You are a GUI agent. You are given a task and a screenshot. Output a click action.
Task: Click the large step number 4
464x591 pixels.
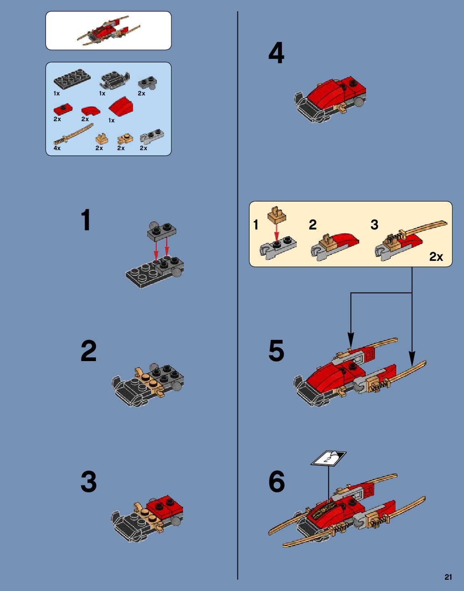(x=276, y=53)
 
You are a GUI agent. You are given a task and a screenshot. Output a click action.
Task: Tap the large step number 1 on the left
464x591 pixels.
(x=86, y=220)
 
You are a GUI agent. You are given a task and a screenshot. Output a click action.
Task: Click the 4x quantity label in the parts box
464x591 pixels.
(x=57, y=148)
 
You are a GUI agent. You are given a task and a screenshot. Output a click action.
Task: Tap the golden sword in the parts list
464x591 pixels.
(x=73, y=134)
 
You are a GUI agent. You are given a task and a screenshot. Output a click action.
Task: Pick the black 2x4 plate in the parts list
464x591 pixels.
(x=72, y=79)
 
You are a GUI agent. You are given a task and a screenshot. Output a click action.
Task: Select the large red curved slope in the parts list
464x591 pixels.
(x=121, y=106)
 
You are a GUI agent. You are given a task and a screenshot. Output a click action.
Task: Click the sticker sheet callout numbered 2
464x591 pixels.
(x=329, y=459)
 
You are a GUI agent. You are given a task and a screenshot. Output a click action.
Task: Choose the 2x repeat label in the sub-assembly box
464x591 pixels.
(x=436, y=256)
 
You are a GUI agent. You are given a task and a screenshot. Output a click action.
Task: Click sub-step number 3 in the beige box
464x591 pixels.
(x=375, y=225)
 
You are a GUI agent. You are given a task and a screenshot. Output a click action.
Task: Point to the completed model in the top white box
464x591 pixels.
(x=109, y=31)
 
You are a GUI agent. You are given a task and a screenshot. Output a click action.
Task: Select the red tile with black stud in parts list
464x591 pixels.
(x=63, y=110)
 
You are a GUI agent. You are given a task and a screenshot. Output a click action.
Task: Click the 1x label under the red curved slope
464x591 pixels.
(x=111, y=120)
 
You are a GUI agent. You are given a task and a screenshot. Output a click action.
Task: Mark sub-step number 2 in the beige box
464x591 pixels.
(x=312, y=225)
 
